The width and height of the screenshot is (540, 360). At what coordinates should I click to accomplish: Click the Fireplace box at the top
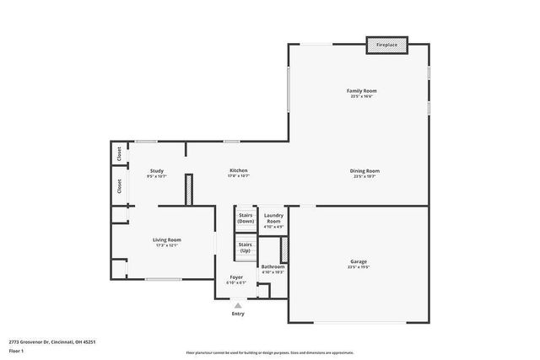click(x=386, y=46)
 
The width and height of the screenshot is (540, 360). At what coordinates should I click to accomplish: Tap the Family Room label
click(x=361, y=90)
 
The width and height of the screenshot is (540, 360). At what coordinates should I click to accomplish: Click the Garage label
click(x=359, y=261)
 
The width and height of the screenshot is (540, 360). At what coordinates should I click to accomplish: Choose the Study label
click(x=156, y=170)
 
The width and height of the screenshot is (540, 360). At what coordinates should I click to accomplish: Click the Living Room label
click(x=166, y=239)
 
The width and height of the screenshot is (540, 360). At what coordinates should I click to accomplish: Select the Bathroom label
click(x=273, y=266)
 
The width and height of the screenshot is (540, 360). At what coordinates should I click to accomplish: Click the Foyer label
click(x=237, y=277)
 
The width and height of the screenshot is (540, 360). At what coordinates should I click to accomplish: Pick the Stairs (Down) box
click(x=246, y=218)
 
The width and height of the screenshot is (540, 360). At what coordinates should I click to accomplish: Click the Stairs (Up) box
click(x=246, y=248)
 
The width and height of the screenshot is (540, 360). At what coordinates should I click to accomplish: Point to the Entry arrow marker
click(x=238, y=305)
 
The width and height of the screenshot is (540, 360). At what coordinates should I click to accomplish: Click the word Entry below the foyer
click(x=238, y=314)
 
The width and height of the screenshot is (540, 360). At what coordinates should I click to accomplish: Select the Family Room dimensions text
click(x=361, y=96)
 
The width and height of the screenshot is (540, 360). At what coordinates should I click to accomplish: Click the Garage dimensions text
click(x=359, y=267)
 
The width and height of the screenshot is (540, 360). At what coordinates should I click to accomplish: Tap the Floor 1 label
click(x=17, y=350)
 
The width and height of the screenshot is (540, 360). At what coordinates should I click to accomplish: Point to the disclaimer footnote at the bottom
click(x=271, y=353)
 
